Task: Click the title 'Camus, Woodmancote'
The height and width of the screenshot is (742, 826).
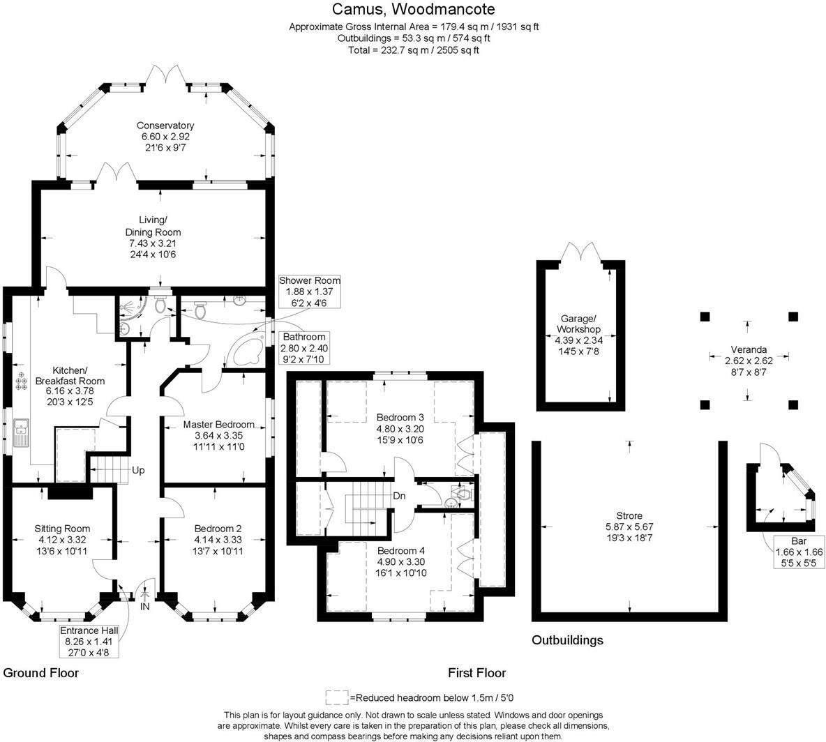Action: (413, 9)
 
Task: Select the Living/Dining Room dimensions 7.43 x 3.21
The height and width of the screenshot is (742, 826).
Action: (153, 243)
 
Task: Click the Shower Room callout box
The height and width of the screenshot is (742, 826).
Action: (309, 291)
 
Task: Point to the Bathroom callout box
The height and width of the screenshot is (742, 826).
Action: (303, 348)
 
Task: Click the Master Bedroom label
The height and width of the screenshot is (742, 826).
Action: (218, 425)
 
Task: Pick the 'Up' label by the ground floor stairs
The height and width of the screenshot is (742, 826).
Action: (138, 471)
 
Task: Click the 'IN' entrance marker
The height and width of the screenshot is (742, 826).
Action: (145, 607)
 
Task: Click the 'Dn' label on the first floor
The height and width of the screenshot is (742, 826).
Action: (399, 496)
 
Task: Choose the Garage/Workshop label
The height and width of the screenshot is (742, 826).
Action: (578, 329)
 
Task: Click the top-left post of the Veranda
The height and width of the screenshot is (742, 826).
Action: (704, 316)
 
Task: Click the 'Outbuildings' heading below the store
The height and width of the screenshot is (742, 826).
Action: (567, 640)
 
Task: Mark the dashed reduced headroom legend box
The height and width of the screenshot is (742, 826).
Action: (337, 697)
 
